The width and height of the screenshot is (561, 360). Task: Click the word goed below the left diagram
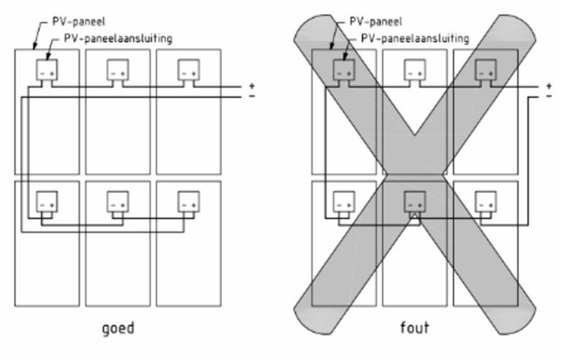118,328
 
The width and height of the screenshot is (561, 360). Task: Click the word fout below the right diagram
415,327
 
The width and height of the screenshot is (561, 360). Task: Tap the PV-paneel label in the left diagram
79,21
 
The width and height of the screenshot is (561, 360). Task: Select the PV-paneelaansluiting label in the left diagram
118,38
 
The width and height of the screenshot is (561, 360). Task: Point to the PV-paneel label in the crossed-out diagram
375,21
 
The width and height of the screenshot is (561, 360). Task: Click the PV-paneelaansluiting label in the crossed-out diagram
415,38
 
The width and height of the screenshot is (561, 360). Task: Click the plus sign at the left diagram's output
252,85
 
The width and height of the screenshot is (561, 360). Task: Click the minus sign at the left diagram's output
252,96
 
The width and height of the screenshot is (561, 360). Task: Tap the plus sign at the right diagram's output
549,85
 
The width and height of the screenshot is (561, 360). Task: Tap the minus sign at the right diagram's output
549,96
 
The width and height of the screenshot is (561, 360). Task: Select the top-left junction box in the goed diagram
47,69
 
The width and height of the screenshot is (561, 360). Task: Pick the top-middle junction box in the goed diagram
118,69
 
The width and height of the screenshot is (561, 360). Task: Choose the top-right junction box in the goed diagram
188,69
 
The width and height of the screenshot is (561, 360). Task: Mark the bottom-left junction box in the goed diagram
47,202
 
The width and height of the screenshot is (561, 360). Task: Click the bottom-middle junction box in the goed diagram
118,202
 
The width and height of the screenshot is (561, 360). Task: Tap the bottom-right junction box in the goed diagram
188,202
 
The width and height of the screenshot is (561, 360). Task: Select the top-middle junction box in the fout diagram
415,69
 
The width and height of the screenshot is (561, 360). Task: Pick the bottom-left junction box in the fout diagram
344,202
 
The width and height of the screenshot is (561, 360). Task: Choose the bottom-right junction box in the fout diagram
486,202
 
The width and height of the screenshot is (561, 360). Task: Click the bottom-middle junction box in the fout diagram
415,202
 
